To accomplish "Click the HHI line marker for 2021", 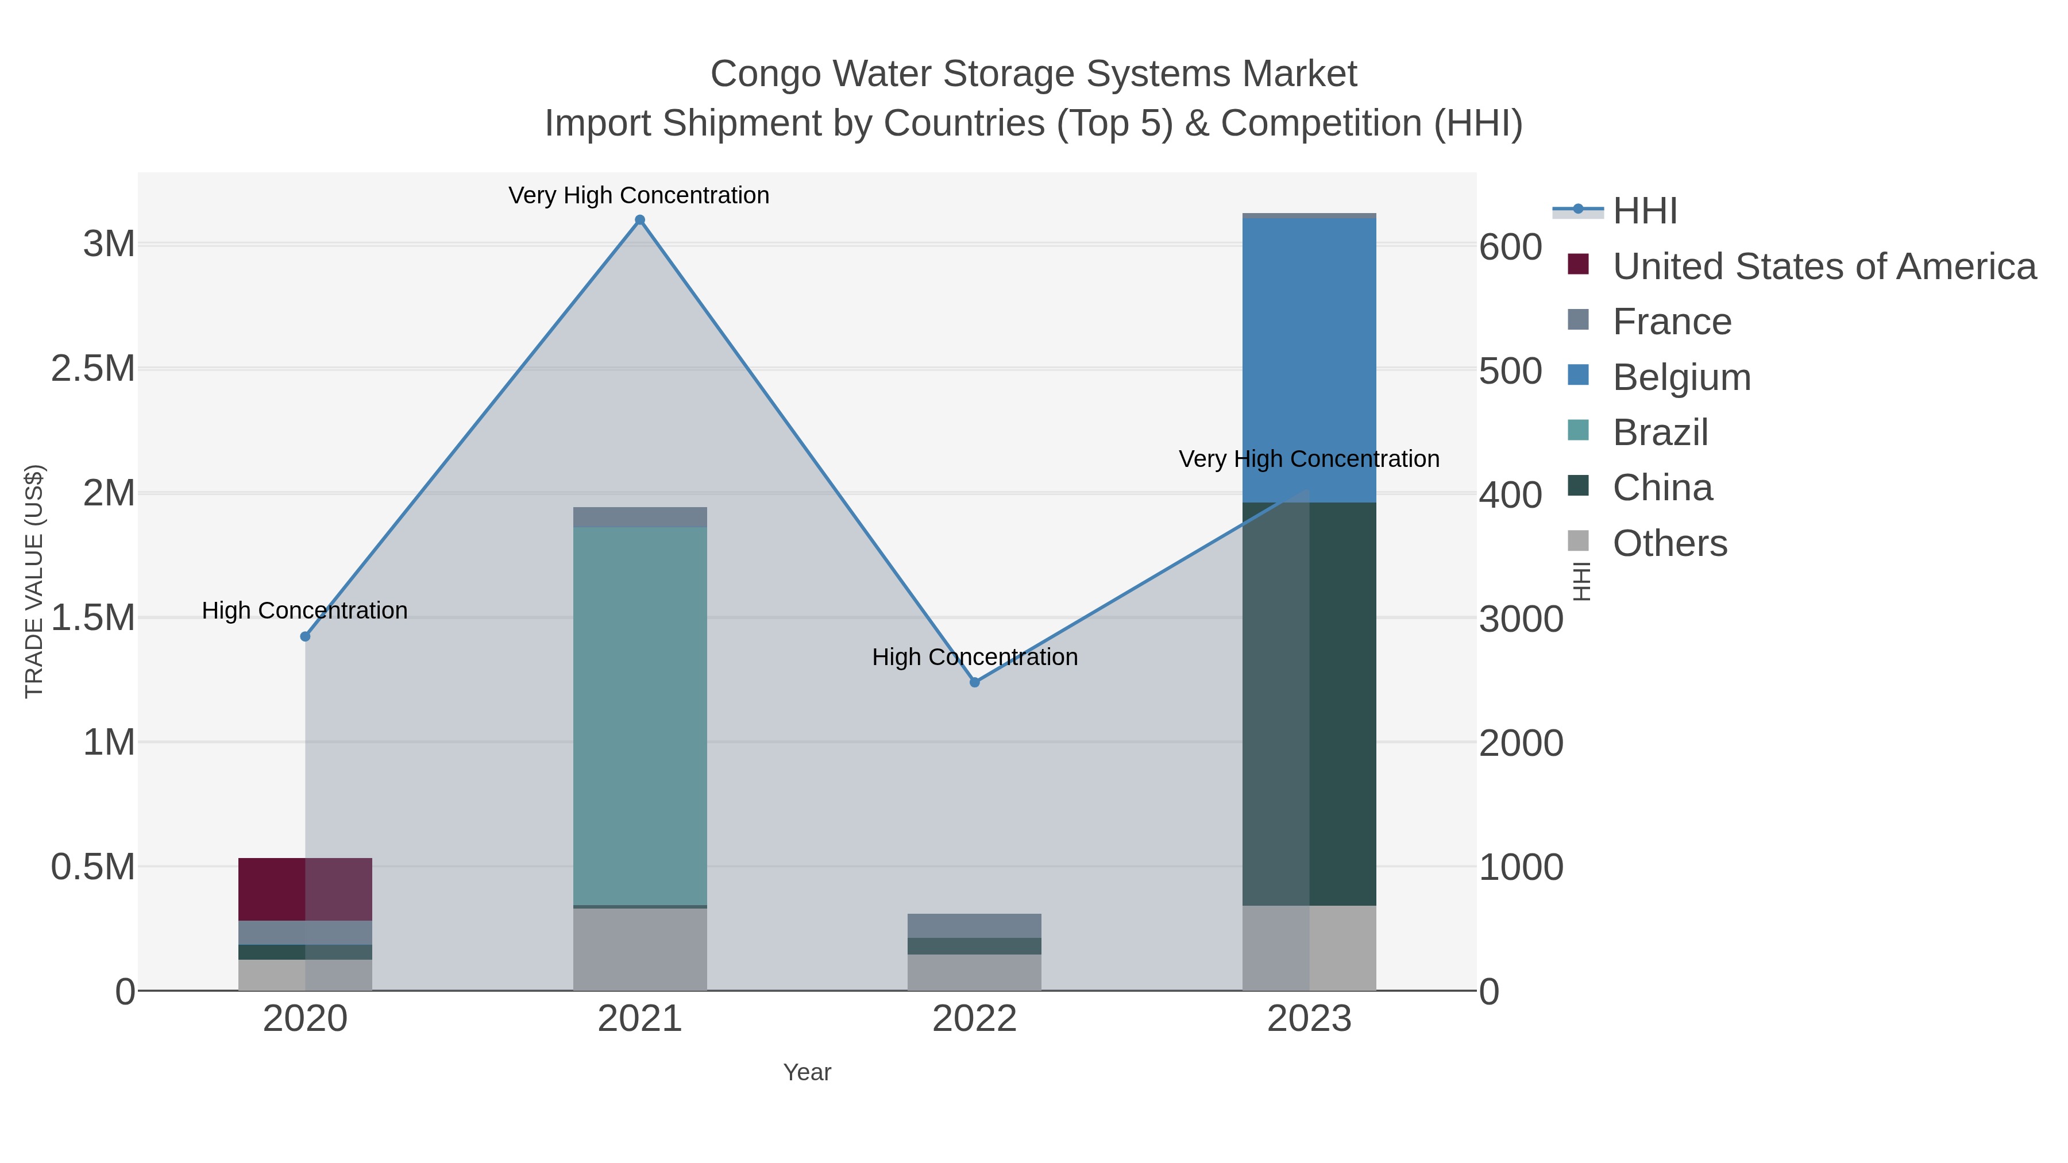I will pos(640,220).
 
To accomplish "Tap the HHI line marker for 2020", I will pos(305,636).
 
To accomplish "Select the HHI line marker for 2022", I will pos(975,682).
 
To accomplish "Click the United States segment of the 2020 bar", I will pos(305,889).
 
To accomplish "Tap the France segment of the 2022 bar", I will pos(975,925).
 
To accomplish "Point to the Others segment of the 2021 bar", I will pos(640,949).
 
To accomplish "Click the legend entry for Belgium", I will pos(1681,377).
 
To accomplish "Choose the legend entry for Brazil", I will pos(1660,432).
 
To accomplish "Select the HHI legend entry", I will pos(1644,211).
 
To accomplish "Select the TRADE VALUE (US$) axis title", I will pos(34,581).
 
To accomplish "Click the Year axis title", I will pos(807,1072).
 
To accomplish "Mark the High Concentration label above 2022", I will pos(975,658).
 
